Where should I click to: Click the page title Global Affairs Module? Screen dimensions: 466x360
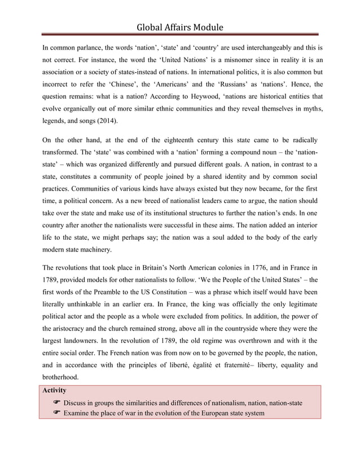179,27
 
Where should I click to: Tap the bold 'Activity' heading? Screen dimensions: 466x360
55,390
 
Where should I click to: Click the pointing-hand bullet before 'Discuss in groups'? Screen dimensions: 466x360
56,403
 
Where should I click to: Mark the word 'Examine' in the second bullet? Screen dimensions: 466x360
78,414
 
